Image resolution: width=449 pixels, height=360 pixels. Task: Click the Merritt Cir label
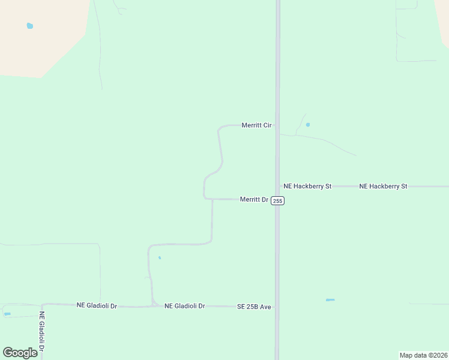coord(256,125)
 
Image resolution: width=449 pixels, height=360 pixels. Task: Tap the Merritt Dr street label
coord(253,199)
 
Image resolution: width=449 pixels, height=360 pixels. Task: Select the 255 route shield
coord(277,200)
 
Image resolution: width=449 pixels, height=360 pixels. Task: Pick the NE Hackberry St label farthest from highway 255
coord(383,187)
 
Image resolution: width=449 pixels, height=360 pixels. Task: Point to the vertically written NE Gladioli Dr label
coord(42,331)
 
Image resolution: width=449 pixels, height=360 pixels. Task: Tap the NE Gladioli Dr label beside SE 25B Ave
coord(185,306)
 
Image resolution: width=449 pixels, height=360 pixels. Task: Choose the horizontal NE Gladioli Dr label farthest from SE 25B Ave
coord(97,305)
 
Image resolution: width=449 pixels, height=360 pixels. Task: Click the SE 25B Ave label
coord(254,307)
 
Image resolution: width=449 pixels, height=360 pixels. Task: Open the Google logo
coord(20,353)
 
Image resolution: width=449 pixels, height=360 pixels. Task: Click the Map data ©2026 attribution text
coord(423,355)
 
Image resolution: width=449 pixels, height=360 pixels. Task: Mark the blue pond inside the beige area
coord(30,26)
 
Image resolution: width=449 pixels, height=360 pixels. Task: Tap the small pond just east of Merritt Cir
coord(308,125)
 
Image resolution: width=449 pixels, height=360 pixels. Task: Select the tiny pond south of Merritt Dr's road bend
coord(159,258)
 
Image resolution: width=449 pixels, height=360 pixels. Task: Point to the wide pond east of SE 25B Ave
coord(330,299)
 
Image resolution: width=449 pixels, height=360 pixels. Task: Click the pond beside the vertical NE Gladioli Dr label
coord(7,314)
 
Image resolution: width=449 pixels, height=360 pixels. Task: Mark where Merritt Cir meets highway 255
coord(277,125)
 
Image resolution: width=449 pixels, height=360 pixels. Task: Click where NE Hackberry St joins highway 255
coord(278,187)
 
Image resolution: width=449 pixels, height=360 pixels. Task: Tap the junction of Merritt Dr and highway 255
coord(277,199)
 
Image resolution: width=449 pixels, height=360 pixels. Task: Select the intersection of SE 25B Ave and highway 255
coord(277,307)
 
